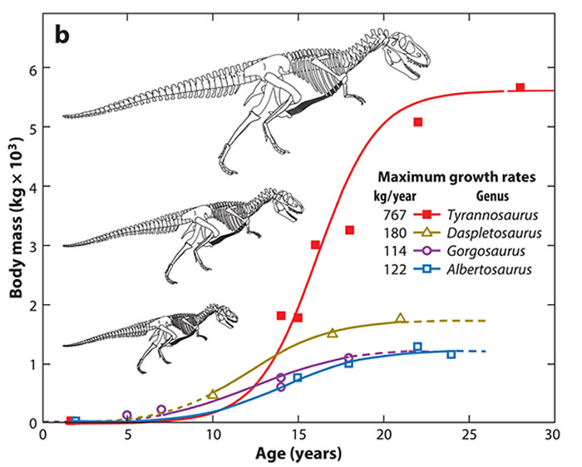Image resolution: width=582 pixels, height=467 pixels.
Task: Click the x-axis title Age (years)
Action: pos(298,455)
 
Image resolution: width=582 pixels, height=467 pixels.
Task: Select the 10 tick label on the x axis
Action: pos(212,436)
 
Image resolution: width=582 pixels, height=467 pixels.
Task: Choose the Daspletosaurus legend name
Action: pos(484,232)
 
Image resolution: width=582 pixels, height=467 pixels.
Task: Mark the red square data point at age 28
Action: pos(520,87)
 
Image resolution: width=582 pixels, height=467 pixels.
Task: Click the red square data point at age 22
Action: pos(417,122)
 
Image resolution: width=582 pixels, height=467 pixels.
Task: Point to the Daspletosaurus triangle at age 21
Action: pos(401,318)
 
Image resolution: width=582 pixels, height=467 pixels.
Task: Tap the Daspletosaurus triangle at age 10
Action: pos(213,394)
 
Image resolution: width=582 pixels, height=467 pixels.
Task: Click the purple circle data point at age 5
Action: pos(127,415)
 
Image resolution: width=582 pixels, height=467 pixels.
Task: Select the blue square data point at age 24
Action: pos(451,354)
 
